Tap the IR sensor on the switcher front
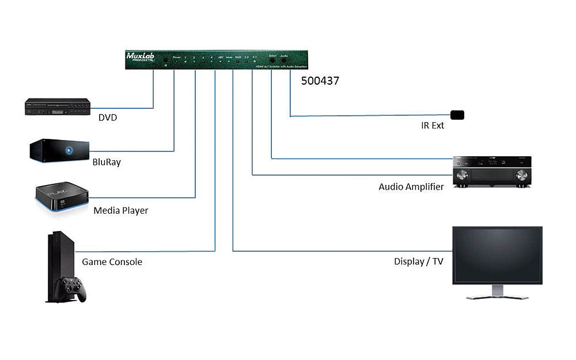tap(165, 59)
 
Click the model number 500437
tap(320, 81)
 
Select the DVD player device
tap(57, 108)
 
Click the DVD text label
tap(108, 118)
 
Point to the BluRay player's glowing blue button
tap(69, 151)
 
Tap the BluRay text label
tap(107, 162)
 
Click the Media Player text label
tap(121, 210)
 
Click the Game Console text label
tap(112, 262)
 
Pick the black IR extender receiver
tap(457, 115)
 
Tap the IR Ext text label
tap(433, 126)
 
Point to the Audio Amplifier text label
tap(411, 187)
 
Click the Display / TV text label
tap(419, 262)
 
